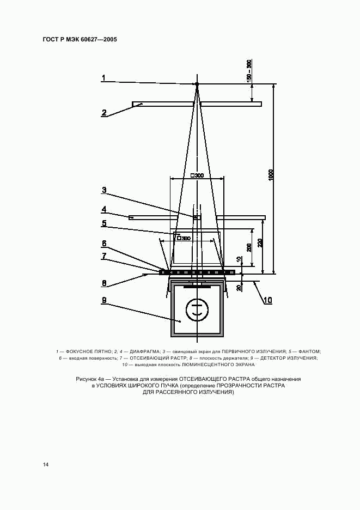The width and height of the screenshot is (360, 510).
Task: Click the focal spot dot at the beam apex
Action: tap(197, 84)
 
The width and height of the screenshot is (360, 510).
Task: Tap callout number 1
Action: tap(103, 78)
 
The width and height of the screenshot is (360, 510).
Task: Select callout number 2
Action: tap(103, 113)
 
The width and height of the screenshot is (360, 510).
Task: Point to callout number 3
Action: tap(103, 190)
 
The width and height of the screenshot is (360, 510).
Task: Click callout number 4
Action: tap(103, 209)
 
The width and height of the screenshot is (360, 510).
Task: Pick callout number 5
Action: tap(103, 223)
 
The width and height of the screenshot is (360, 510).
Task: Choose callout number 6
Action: tap(103, 244)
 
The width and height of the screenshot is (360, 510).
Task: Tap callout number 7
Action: tap(103, 256)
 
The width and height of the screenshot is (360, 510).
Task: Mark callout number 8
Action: tap(103, 283)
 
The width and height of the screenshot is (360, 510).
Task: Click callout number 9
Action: tap(103, 300)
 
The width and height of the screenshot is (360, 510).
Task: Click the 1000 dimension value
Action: tap(271, 175)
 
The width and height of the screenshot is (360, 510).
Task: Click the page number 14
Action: tap(46, 464)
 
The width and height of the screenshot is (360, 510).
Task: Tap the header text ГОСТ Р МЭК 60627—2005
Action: tap(80, 40)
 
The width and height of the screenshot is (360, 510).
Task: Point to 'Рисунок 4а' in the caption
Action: tap(90, 378)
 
